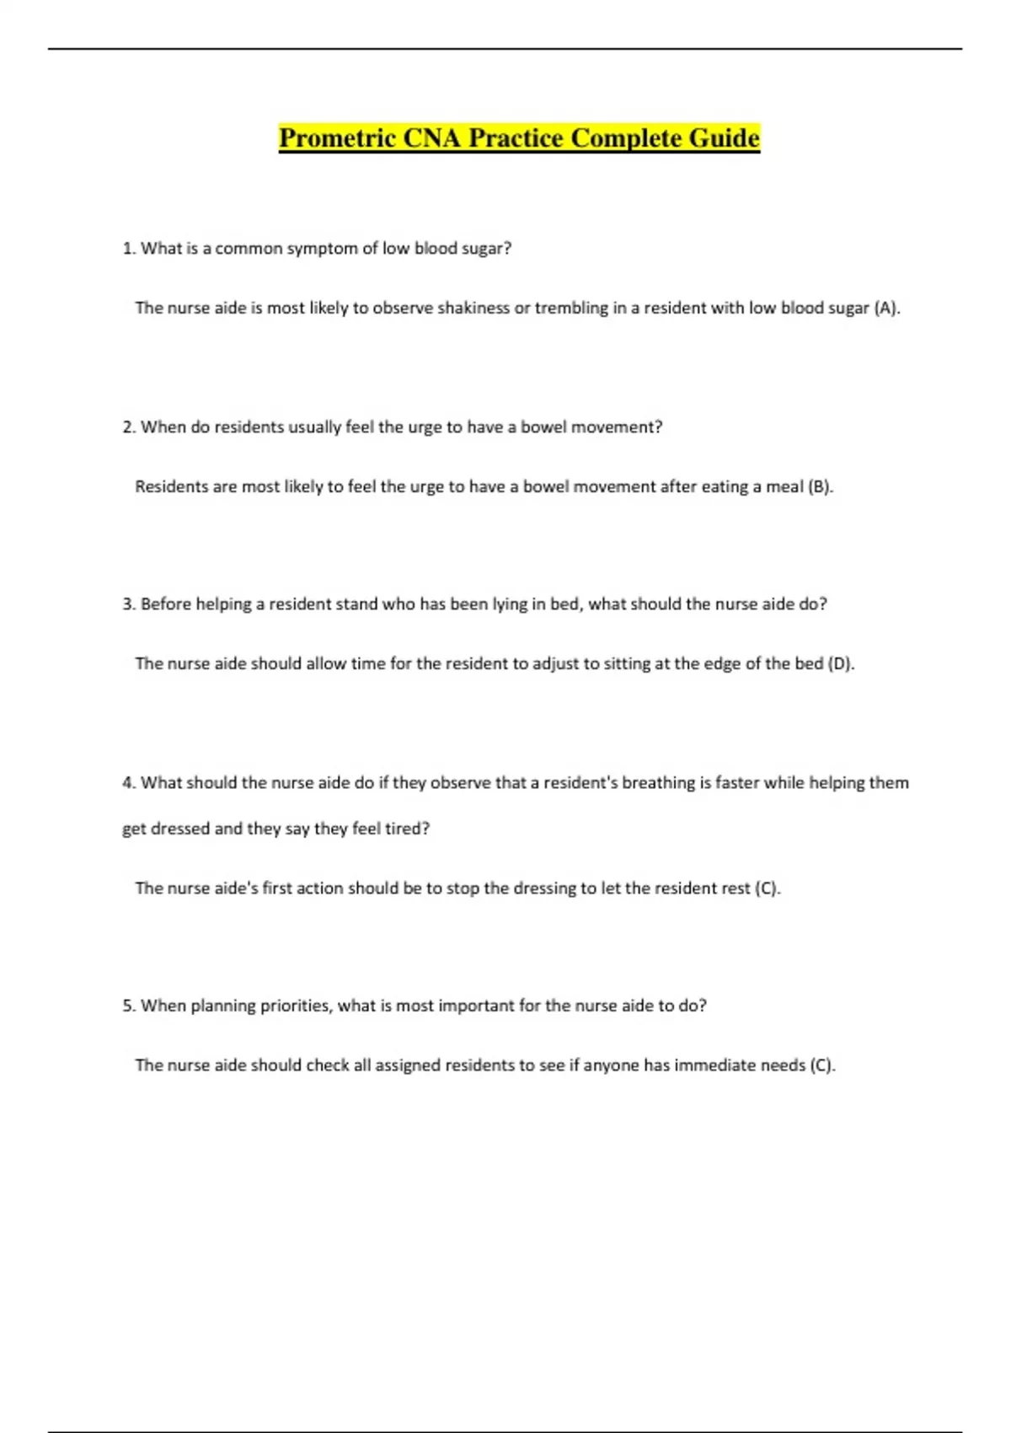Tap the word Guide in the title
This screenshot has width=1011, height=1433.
(x=724, y=137)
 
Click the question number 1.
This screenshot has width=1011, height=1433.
(x=128, y=249)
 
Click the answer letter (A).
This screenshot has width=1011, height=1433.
(x=886, y=309)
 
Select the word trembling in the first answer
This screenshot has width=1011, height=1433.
(x=571, y=309)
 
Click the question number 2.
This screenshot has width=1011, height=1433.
(x=128, y=427)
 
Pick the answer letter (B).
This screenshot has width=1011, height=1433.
(x=820, y=487)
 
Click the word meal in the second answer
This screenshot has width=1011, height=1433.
(x=784, y=487)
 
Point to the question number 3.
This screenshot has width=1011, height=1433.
(x=128, y=604)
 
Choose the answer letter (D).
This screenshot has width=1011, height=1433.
(x=841, y=664)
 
